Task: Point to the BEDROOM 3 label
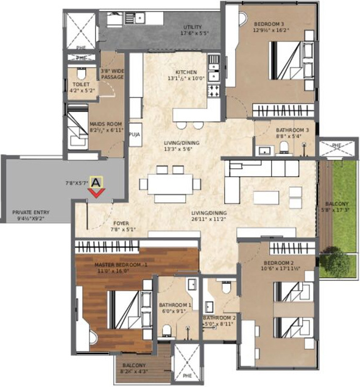tap(269, 24)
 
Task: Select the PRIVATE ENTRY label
tap(31, 213)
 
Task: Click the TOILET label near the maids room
tap(81, 85)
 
